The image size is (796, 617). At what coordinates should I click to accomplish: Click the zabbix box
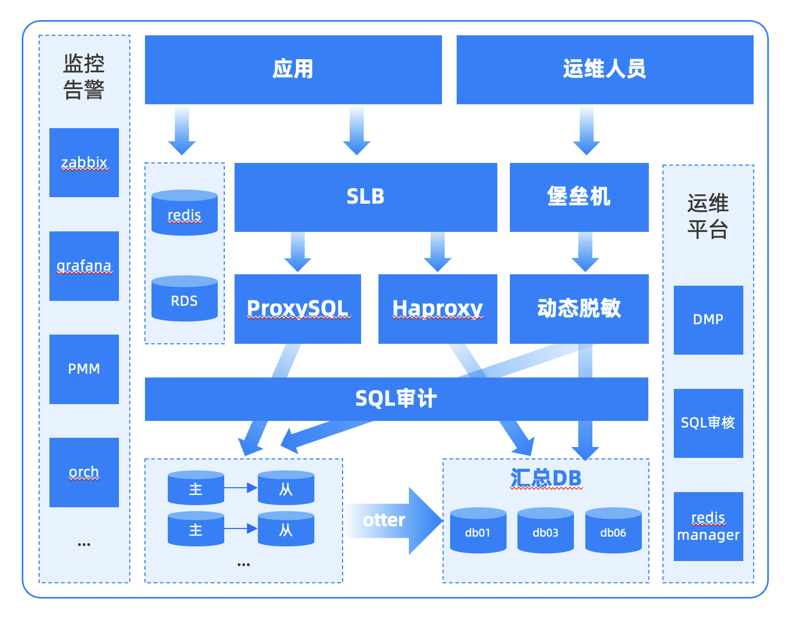pos(84,162)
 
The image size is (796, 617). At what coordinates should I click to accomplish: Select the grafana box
pos(84,266)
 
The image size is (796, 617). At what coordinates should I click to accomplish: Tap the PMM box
pos(84,369)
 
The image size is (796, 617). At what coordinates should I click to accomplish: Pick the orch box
pos(84,472)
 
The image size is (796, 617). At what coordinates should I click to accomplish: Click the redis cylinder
pos(184,213)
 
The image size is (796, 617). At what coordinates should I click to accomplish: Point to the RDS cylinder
pos(184,299)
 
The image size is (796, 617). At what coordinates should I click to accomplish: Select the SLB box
pos(365,197)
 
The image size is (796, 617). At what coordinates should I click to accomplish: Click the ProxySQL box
pos(298,308)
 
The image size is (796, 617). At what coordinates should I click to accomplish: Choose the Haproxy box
pos(438,308)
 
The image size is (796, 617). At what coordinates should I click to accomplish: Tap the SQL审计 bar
pos(396,399)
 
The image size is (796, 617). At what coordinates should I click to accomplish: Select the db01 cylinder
pos(478,531)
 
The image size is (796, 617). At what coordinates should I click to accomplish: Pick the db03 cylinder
pos(545,531)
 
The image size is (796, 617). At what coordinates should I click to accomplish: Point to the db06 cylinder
pos(613,531)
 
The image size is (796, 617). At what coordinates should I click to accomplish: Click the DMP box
pos(708,320)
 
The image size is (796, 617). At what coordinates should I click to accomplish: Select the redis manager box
pos(708,526)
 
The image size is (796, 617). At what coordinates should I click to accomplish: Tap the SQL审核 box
pos(708,423)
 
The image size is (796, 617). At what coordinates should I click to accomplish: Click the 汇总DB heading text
pos(546,479)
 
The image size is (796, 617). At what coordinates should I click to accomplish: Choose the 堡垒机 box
pos(579,197)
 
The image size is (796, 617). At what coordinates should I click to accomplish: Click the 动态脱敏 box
pos(579,308)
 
